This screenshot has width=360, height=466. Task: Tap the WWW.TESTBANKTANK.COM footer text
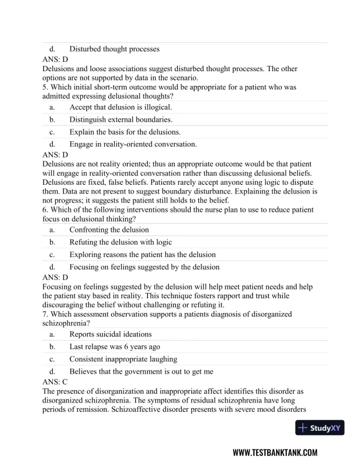[275, 452]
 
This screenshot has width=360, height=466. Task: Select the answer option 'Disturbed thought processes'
[114, 49]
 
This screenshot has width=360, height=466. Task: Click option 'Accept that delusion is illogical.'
[121, 107]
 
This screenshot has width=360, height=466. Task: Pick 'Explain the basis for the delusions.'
[125, 131]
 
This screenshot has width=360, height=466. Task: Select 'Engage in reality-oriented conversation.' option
[133, 144]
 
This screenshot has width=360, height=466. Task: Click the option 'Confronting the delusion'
[109, 229]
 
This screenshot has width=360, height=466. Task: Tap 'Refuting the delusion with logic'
[121, 242]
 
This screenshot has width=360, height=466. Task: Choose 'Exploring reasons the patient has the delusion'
[142, 254]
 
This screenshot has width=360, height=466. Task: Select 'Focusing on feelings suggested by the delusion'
[144, 267]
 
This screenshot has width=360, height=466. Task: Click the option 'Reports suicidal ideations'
[110, 334]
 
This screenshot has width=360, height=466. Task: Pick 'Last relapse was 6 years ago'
[114, 347]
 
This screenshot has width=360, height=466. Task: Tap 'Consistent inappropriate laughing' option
[123, 359]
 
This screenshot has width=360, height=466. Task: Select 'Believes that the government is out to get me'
[141, 371]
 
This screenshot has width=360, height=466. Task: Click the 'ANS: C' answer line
[55, 382]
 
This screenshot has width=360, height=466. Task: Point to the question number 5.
[45, 87]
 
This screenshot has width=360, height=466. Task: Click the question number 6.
[45, 210]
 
